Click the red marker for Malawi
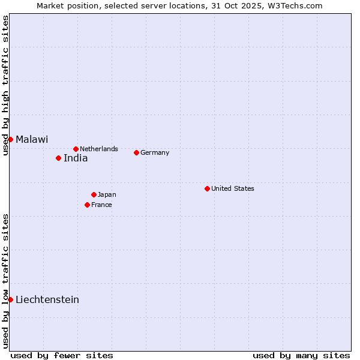tap(10, 139)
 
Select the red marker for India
tap(58, 158)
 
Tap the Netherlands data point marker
tap(76, 149)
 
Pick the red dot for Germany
tap(136, 152)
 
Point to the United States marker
tap(207, 188)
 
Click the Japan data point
tap(94, 194)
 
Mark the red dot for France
tap(87, 205)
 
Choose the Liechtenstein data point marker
tap(10, 299)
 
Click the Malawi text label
tap(32, 139)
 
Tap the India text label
tap(76, 158)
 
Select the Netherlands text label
tap(99, 149)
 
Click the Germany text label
tap(155, 152)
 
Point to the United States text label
tap(233, 188)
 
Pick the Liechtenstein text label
tap(47, 299)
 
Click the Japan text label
tap(107, 194)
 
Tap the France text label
tap(101, 205)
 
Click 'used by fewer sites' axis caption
tap(62, 355)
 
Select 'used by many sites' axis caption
tap(301, 355)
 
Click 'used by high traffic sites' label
tap(6, 85)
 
